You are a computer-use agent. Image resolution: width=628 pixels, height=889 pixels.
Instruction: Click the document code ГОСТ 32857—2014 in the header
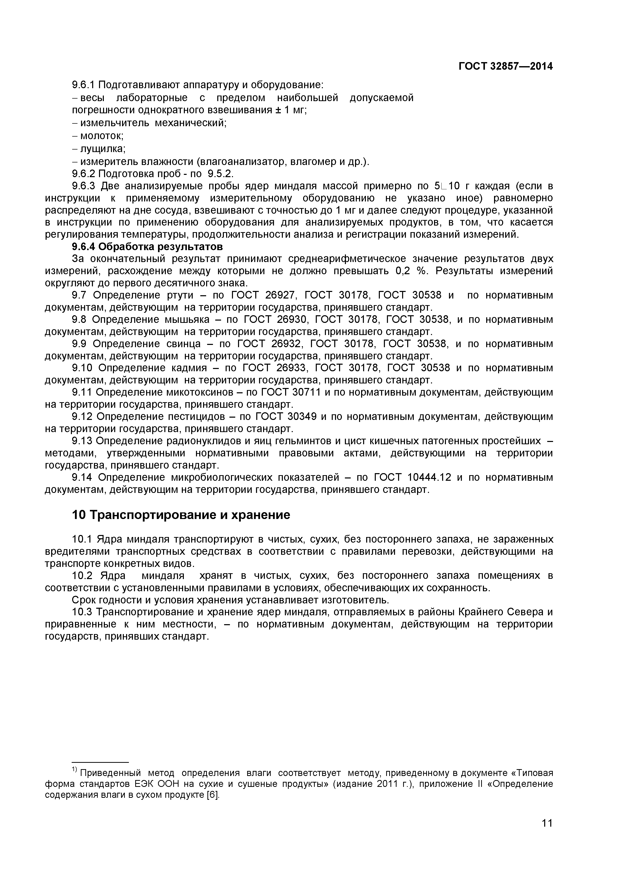point(505,67)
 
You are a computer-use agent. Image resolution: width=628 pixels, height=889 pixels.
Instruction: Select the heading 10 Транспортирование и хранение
point(181,515)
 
